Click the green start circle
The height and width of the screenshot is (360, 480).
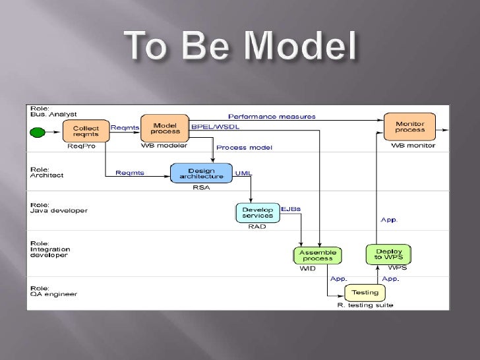39,132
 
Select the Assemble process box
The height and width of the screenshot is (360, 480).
318,256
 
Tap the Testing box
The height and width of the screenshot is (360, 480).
365,293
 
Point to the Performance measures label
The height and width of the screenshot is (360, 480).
272,117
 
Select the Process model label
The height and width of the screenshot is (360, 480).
244,147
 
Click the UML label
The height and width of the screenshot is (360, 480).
244,173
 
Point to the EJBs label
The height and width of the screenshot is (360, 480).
291,209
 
